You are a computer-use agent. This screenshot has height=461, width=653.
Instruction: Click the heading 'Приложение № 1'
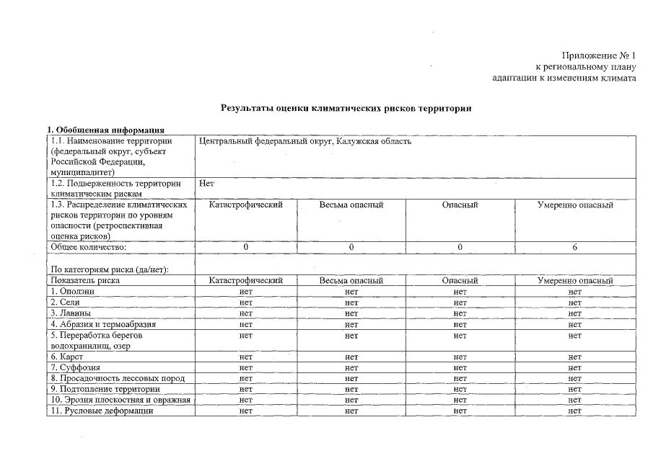598,55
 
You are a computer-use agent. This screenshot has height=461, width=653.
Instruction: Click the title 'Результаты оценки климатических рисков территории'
346,108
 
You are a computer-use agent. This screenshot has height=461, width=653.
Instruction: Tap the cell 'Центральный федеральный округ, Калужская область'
304,141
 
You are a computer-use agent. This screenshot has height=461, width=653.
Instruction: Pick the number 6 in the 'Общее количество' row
574,247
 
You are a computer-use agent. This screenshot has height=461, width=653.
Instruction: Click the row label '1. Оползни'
73,291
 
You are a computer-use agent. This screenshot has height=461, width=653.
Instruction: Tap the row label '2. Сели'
65,302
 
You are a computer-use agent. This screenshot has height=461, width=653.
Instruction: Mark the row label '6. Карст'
66,357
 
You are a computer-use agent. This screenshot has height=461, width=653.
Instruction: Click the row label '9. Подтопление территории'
105,389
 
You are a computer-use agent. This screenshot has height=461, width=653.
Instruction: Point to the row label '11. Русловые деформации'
102,411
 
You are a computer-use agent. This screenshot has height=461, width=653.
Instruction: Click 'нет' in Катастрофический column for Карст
245,357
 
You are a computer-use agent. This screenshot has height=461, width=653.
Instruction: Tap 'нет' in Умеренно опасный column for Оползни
574,291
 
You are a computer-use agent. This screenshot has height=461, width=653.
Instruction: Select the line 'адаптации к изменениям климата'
564,78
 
